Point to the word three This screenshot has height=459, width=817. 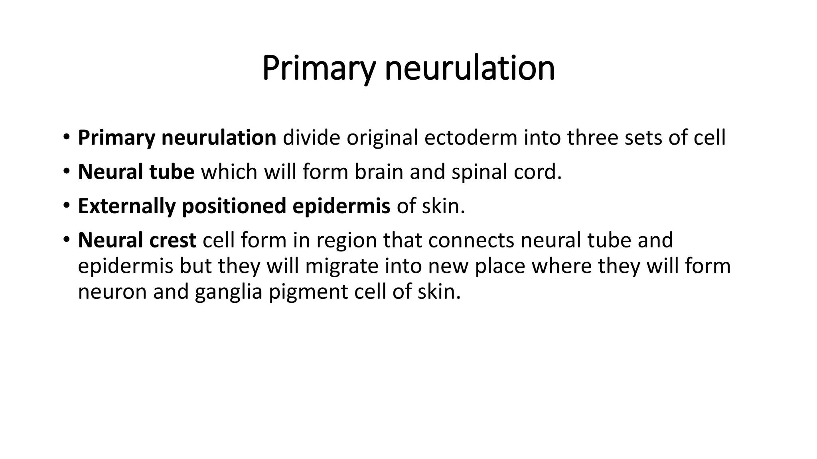(x=592, y=138)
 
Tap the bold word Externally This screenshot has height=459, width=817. (x=126, y=206)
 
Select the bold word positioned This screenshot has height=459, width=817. (x=234, y=206)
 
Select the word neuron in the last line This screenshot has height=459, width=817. (x=112, y=292)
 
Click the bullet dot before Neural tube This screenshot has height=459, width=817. (x=66, y=172)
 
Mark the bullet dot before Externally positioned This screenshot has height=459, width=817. (x=66, y=206)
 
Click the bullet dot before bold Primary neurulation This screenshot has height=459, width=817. (x=66, y=138)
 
